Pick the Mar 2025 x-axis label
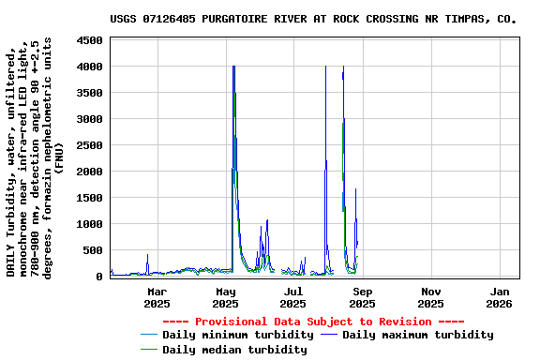[x=157, y=297]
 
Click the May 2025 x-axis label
[x=225, y=297]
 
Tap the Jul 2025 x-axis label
[x=293, y=297]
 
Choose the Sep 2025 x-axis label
[x=362, y=297]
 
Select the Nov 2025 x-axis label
[x=430, y=297]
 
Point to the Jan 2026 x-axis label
[x=499, y=297]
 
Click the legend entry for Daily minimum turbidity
[x=237, y=335]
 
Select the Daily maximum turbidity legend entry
[x=417, y=335]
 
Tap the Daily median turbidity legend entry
[x=233, y=350]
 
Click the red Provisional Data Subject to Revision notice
[x=314, y=321]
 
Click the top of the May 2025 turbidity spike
[x=232, y=67]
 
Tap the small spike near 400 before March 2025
[x=147, y=254]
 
